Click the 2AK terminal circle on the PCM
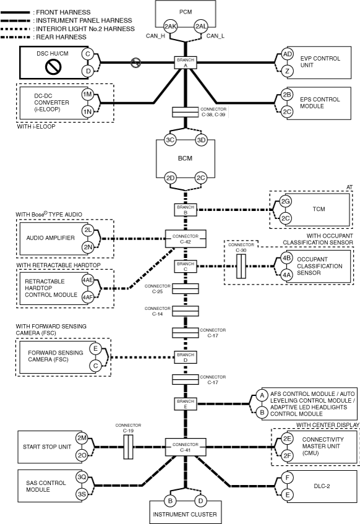pyautogui.click(x=170, y=27)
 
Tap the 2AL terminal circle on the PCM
pyautogui.click(x=201, y=27)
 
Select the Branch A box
pyautogui.click(x=186, y=62)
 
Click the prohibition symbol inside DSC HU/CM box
pyautogui.click(x=53, y=67)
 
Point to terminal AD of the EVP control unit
pyautogui.click(x=287, y=54)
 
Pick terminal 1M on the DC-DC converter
pyautogui.click(x=88, y=94)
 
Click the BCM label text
pyautogui.click(x=185, y=158)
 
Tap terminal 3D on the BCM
pyautogui.click(x=201, y=140)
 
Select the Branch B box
pyautogui.click(x=186, y=210)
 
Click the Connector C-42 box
pyautogui.click(x=186, y=239)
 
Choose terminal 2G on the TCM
pyautogui.click(x=285, y=202)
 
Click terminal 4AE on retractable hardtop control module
pyautogui.click(x=88, y=280)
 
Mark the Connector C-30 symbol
pyautogui.click(x=241, y=267)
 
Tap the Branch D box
pyautogui.click(x=186, y=358)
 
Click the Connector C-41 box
pyautogui.click(x=186, y=447)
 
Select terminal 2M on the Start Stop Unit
pyautogui.click(x=82, y=438)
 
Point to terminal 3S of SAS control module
pyautogui.click(x=82, y=494)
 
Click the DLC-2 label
pyautogui.click(x=322, y=486)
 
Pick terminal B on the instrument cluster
pyautogui.click(x=170, y=501)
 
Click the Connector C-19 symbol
pyautogui.click(x=128, y=447)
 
